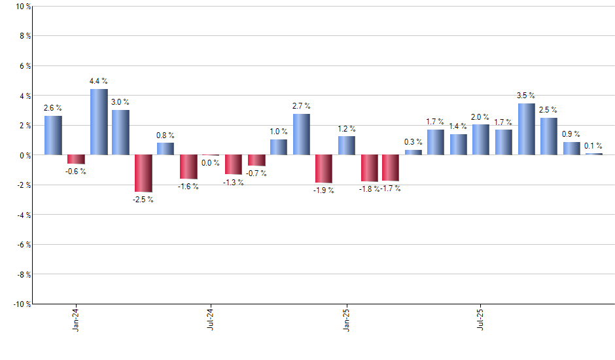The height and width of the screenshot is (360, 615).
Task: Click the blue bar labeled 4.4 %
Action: point(99,122)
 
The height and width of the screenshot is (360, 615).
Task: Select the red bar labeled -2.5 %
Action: point(144,173)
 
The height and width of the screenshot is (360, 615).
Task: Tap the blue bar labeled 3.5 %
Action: point(527,129)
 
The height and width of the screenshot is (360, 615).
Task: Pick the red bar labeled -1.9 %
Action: point(324,169)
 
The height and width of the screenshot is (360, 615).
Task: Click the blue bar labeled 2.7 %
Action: point(302,134)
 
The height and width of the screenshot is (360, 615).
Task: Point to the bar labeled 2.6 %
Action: point(54,135)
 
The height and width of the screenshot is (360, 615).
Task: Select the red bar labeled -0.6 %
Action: point(76,159)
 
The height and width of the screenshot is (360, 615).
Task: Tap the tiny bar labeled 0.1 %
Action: point(594,154)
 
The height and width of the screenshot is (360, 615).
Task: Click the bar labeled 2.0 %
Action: point(481,139)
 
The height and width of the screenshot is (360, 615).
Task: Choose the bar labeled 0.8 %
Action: point(166,149)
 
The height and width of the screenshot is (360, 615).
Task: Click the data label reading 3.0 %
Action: point(120,102)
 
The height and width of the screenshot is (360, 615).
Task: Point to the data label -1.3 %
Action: point(234,183)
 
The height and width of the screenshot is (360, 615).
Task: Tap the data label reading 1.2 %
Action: point(347,128)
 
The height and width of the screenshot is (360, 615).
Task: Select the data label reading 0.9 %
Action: point(572,134)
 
